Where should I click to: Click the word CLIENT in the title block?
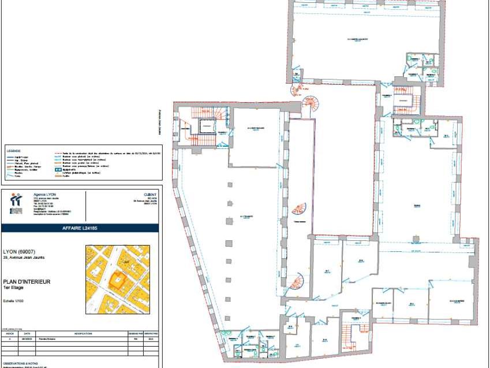tap(149, 194)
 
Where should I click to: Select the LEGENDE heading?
tap(14, 150)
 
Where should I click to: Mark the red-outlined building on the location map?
tap(119, 280)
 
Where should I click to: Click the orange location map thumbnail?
tap(117, 280)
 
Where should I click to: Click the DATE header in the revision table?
tap(27, 333)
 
